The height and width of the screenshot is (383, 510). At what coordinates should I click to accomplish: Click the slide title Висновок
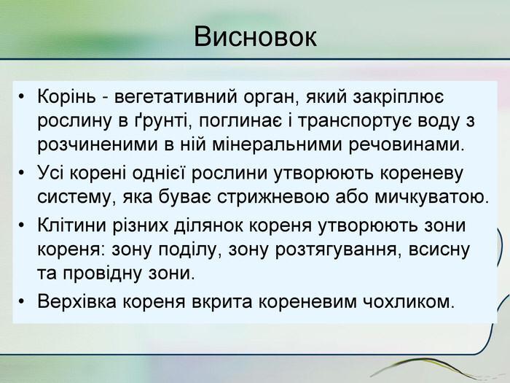pyautogui.click(x=255, y=36)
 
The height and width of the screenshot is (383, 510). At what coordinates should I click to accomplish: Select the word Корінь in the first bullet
pyautogui.click(x=67, y=97)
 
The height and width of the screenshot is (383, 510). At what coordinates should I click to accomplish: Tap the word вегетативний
pyautogui.click(x=176, y=97)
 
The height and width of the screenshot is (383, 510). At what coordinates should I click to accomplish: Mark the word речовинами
pyautogui.click(x=406, y=145)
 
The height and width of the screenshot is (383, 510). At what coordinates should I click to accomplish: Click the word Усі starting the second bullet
pyautogui.click(x=51, y=172)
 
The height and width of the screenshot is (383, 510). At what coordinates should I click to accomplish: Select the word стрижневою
pyautogui.click(x=273, y=197)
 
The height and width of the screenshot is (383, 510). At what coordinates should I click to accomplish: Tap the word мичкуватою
pyautogui.click(x=432, y=197)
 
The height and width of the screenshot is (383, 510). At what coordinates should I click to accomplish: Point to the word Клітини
pyautogui.click(x=73, y=225)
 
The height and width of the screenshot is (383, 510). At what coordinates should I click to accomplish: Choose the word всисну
pyautogui.click(x=439, y=250)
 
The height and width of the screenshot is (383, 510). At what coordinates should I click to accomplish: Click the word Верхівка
pyautogui.click(x=76, y=301)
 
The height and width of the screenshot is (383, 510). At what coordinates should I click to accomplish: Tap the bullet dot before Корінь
pyautogui.click(x=21, y=97)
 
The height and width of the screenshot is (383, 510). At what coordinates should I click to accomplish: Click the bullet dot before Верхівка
pyautogui.click(x=21, y=301)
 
